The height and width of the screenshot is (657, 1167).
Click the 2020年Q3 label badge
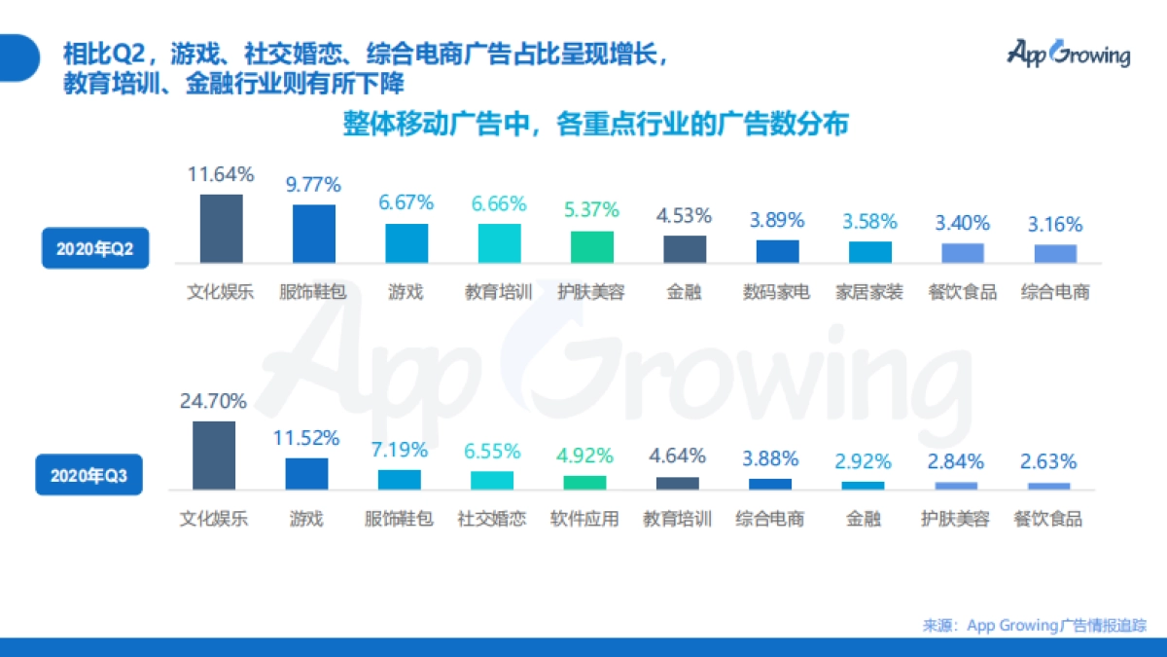[x=88, y=477]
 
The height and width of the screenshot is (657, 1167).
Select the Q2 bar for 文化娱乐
[x=221, y=229]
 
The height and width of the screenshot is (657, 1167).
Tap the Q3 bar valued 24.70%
[x=214, y=456]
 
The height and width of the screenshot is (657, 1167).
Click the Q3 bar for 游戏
[x=306, y=473]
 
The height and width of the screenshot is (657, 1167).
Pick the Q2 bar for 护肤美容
[x=591, y=247]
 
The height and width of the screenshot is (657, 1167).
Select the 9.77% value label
[x=313, y=184]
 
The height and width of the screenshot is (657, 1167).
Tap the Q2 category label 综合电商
[x=1055, y=292]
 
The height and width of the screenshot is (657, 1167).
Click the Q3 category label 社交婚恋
[x=492, y=519]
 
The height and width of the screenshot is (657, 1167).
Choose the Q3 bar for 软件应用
[x=584, y=482]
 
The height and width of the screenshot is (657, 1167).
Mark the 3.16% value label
[x=1055, y=225]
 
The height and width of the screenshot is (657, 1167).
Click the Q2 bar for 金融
[x=685, y=249]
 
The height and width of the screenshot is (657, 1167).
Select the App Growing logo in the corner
[x=1068, y=53]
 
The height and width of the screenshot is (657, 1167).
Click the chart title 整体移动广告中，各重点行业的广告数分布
[x=595, y=125]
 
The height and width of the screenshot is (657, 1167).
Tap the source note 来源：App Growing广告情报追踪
[x=1035, y=625]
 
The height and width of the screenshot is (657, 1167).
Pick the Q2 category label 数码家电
[x=777, y=292]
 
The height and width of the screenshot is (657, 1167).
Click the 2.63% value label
[x=1047, y=461]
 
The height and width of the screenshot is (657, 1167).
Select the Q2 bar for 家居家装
[x=870, y=252]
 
